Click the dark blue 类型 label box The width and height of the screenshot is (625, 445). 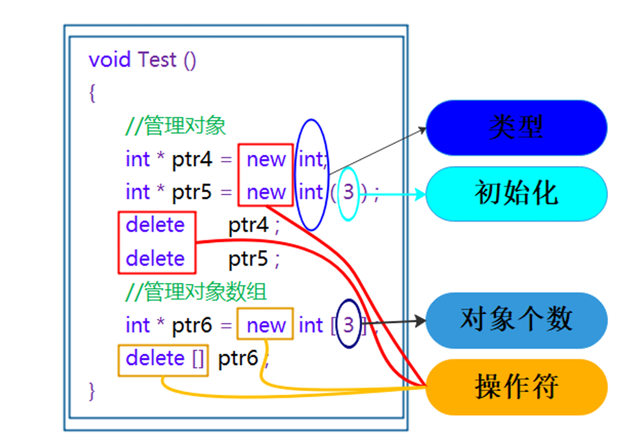point(516,128)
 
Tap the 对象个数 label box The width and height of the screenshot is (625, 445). point(516,320)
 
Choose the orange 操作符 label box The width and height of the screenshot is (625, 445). point(516,386)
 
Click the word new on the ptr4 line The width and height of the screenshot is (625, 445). point(266,159)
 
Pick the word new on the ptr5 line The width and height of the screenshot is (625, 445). point(266,192)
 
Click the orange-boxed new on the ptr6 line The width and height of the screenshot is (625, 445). point(266,325)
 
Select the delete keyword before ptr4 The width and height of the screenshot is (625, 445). point(155,225)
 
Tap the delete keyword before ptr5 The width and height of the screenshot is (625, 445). point(155,258)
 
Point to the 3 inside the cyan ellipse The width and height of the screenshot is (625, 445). point(348,192)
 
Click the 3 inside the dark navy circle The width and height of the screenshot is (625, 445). point(348,325)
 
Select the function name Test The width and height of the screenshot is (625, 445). point(157,60)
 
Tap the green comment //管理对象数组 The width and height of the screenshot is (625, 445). point(196,291)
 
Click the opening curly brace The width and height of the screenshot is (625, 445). point(93,93)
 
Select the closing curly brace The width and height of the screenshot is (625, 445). point(93,391)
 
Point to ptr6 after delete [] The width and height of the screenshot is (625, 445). point(238,359)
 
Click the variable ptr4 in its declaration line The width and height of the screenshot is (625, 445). point(192,159)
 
